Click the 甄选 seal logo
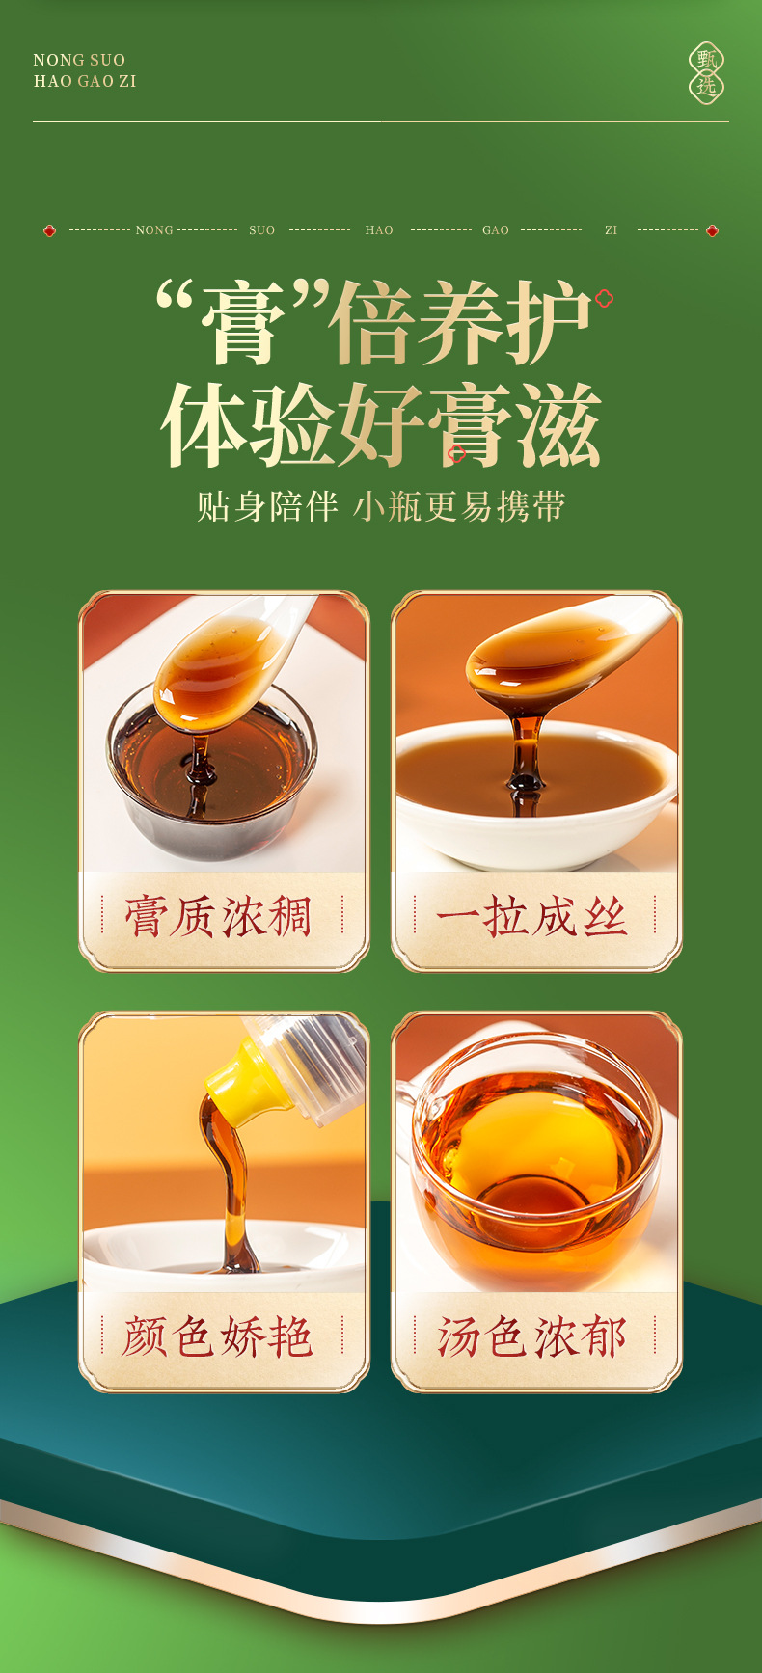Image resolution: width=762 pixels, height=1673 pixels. click(706, 73)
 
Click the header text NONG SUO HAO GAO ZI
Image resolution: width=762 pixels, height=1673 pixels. click(85, 70)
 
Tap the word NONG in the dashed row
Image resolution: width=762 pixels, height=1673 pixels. click(154, 230)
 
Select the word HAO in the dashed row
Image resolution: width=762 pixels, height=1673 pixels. click(379, 230)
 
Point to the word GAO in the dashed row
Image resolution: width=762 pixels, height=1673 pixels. click(496, 230)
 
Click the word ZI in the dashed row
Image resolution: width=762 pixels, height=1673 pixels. click(611, 230)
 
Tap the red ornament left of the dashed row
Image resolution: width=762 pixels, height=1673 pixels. click(49, 230)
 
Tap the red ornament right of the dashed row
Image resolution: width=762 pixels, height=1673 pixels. click(712, 230)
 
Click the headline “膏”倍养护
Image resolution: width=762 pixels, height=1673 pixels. click(374, 323)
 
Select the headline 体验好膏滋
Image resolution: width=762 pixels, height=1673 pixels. click(381, 425)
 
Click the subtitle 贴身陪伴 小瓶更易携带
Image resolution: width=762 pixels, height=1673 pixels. click(381, 506)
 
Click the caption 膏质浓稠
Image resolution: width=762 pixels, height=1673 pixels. click(220, 917)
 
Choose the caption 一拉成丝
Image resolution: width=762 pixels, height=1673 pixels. click(532, 917)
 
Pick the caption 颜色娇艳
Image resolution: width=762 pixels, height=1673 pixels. click(220, 1337)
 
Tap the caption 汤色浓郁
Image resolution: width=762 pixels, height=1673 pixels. click(532, 1337)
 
